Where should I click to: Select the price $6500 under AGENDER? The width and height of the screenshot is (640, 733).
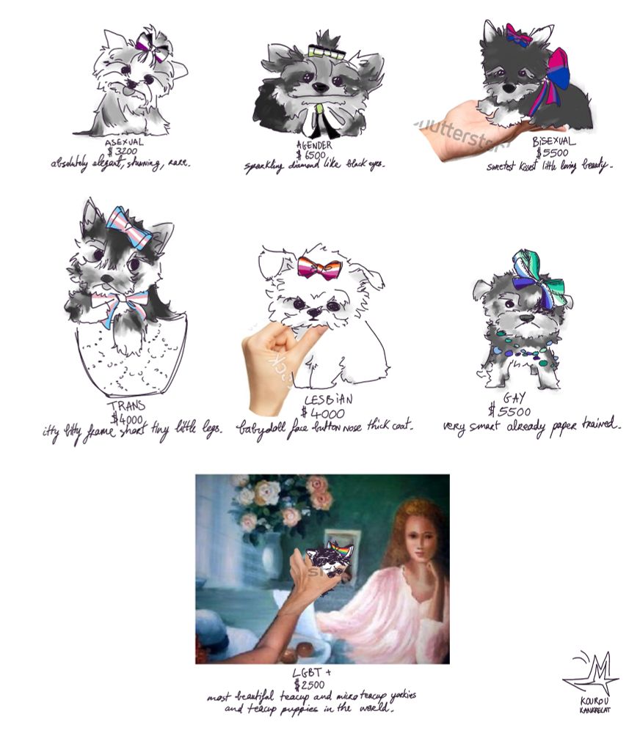pos(312,155)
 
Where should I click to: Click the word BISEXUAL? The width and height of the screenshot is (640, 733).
pos(554,141)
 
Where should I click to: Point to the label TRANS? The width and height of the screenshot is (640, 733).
pos(126,406)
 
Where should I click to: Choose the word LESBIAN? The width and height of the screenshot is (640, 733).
pos(327,400)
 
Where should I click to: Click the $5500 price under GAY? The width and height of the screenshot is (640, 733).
pos(509,410)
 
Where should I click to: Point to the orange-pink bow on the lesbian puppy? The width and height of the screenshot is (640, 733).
pos(321,268)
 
